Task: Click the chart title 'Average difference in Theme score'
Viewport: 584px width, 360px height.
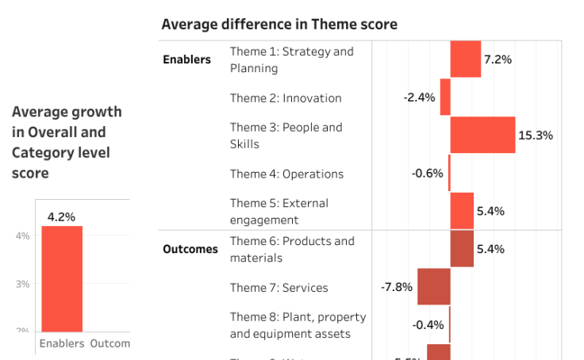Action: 279,25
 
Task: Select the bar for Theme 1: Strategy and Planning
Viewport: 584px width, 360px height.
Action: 465,59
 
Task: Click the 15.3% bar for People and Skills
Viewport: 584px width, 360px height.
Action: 482,135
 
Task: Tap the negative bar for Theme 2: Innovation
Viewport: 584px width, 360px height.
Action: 445,98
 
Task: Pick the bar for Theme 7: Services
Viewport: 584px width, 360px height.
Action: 434,287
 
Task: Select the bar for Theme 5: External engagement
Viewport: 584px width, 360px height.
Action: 462,211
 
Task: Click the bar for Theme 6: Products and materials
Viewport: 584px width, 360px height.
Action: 462,249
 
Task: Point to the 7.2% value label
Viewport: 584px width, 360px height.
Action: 498,59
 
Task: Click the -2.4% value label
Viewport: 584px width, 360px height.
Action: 419,98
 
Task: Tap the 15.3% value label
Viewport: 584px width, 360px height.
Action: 535,136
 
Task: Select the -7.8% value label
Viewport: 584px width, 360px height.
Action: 397,287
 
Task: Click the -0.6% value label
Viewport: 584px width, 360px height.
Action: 427,174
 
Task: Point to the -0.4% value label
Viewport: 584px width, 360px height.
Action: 428,325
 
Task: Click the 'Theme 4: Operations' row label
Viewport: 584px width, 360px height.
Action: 286,174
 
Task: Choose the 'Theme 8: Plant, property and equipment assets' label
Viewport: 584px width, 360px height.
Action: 298,325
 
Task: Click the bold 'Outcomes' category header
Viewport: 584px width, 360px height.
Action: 190,249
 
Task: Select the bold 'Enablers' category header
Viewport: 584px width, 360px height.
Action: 187,59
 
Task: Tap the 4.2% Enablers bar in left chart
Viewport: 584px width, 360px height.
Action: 62,278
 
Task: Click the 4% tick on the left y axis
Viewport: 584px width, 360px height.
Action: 22,236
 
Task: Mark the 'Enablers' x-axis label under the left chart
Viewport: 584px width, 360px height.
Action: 62,343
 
